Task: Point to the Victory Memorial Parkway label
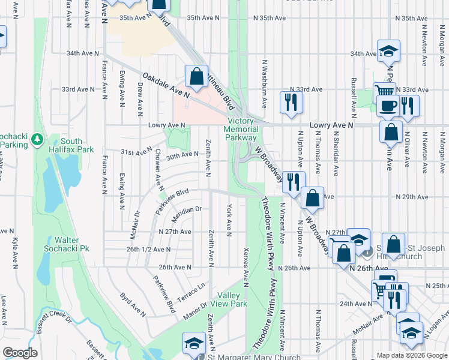pos(241,129)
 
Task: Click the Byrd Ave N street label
pos(133,305)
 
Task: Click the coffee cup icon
pos(388,106)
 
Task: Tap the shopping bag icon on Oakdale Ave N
pos(196,76)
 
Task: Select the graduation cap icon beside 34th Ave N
pos(388,51)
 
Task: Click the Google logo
pos(20,353)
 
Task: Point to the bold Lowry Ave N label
pos(332,125)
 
